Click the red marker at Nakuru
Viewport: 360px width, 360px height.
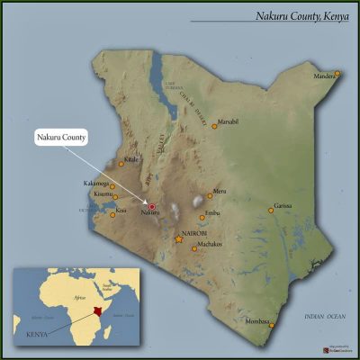(x=152, y=207)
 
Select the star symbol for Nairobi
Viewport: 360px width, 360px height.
(x=177, y=241)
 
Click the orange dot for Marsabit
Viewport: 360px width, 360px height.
(x=214, y=126)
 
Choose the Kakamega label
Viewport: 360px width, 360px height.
(x=95, y=184)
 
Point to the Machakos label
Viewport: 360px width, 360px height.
(x=210, y=244)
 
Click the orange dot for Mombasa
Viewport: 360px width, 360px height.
(x=272, y=327)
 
